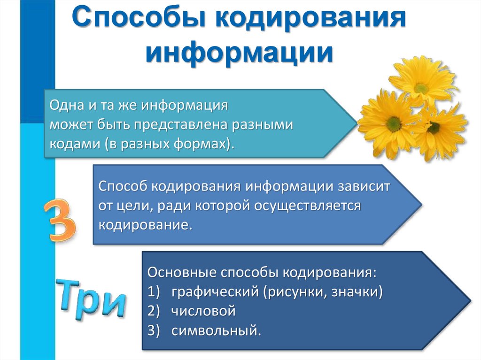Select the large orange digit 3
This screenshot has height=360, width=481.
tap(60, 220)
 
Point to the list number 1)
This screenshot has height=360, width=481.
tap(155, 292)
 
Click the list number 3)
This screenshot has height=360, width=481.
tap(155, 330)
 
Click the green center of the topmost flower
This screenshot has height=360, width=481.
tap(421, 88)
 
